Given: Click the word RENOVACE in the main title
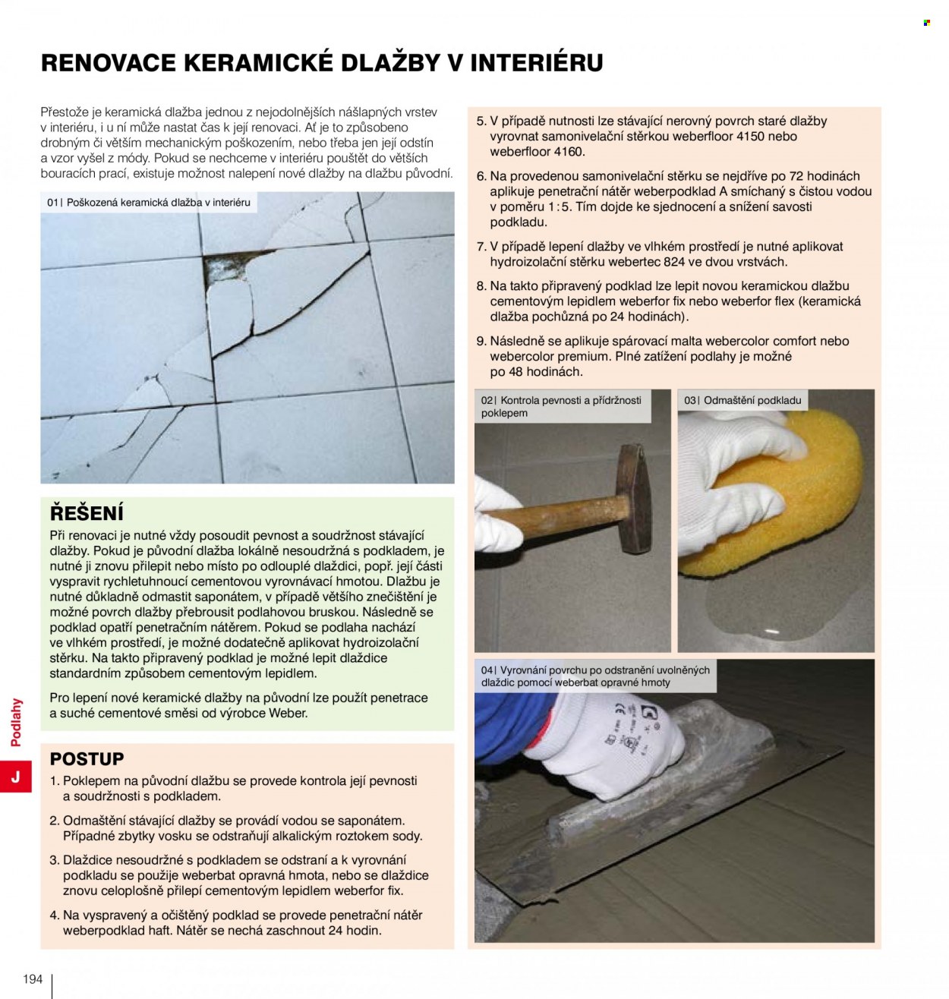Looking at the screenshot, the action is [109, 63].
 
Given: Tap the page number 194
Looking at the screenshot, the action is [33, 979].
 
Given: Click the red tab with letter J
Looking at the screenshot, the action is [16, 777].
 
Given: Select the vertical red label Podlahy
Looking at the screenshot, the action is [16, 722].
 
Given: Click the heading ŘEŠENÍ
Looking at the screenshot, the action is [87, 513].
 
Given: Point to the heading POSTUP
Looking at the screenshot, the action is [87, 758].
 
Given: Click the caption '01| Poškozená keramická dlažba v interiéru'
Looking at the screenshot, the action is [149, 202].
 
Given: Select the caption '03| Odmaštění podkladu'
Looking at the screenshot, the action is [742, 400].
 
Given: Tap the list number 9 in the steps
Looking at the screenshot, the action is [481, 341].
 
